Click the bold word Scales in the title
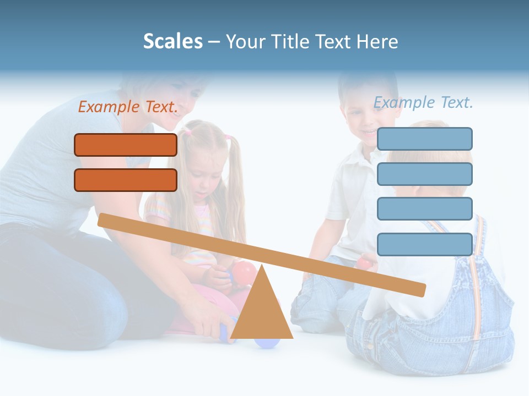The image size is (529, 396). [172, 41]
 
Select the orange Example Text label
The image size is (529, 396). [128, 107]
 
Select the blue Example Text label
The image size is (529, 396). [423, 102]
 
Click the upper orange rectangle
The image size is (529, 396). [126, 145]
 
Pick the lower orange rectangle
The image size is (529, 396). [126, 180]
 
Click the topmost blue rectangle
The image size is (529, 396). [424, 139]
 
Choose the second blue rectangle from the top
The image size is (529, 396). [424, 174]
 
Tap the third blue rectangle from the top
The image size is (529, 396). [424, 209]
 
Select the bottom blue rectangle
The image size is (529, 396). [424, 244]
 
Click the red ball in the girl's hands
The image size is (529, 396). [245, 273]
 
